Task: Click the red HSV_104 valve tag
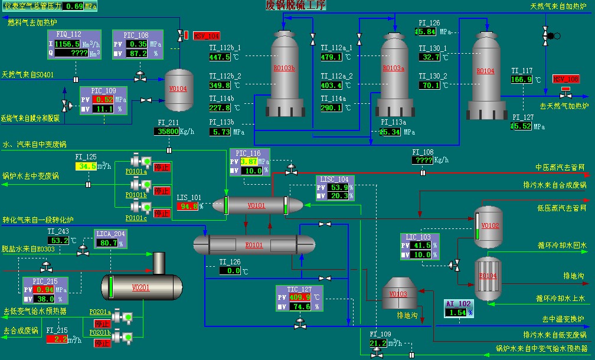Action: pos(206,36)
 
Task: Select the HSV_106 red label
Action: pos(565,79)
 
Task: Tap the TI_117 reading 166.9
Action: pos(522,79)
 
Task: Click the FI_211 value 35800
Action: pos(168,132)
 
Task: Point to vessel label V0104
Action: pos(178,89)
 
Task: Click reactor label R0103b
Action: pos(284,68)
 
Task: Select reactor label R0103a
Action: pos(394,68)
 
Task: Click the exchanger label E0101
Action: pos(254,245)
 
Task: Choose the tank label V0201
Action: pos(141,287)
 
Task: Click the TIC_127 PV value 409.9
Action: pos(300,297)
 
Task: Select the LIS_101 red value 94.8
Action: pos(188,207)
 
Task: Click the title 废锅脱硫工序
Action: pos(296,6)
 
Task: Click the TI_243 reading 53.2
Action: pos(60,240)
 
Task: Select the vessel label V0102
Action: pos(491,225)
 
